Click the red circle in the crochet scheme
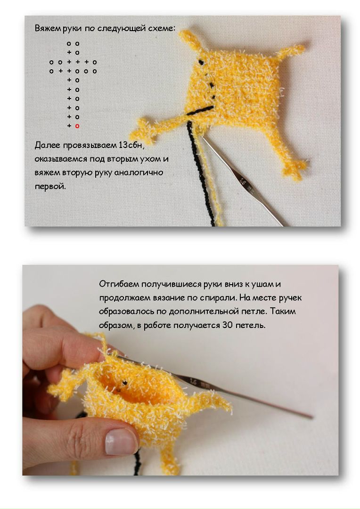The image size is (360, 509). click(77, 126)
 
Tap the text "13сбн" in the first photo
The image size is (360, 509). click(131, 145)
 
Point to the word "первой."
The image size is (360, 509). click(50, 187)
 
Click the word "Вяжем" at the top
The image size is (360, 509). click(48, 28)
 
